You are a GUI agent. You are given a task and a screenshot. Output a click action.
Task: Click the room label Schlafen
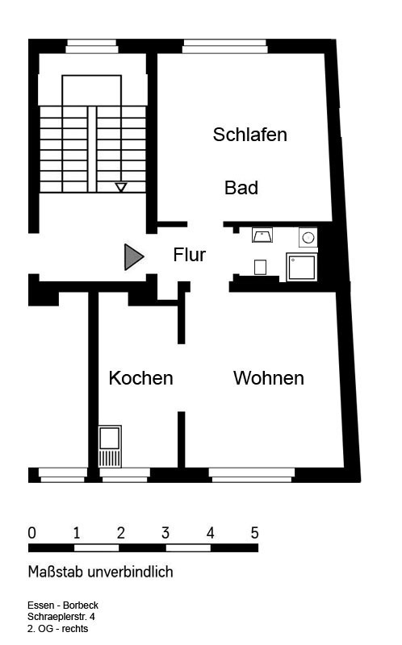tap(249, 135)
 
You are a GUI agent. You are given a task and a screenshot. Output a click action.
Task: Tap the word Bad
tap(241, 188)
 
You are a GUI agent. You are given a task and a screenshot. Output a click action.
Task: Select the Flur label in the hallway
tap(189, 255)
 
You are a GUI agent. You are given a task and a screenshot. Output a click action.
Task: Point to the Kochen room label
tap(141, 378)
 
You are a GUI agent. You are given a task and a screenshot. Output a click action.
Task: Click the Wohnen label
tap(269, 378)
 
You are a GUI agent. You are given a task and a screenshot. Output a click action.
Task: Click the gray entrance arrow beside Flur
tap(133, 257)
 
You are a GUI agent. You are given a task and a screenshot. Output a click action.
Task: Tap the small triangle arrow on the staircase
tap(121, 187)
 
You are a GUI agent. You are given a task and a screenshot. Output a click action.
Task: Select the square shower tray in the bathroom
tap(303, 268)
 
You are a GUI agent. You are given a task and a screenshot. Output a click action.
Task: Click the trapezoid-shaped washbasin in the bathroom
tap(262, 235)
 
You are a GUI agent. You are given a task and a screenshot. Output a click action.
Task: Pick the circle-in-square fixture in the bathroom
tap(308, 237)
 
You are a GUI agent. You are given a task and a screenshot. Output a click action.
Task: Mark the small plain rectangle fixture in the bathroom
tap(260, 268)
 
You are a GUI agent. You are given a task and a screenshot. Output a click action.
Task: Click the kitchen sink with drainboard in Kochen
tap(110, 447)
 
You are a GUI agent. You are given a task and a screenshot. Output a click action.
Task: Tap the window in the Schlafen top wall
tap(225, 47)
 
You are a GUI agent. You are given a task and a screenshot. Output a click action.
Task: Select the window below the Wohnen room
tap(252, 475)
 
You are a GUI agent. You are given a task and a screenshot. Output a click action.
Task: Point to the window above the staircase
tap(92, 47)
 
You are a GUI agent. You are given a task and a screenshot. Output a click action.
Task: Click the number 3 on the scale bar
tap(165, 533)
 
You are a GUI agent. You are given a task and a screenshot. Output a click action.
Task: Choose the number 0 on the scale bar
tap(31, 533)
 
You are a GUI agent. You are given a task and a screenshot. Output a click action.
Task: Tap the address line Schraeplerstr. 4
tap(61, 617)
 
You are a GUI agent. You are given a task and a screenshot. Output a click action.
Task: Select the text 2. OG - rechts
tap(57, 629)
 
